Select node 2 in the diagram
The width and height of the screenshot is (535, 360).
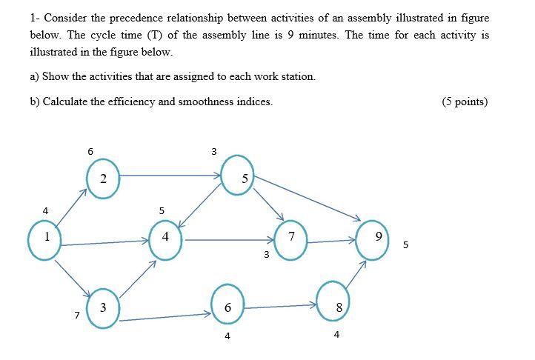coord(104,178)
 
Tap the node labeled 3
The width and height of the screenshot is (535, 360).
coord(103,307)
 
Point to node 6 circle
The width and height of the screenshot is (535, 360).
coord(227,307)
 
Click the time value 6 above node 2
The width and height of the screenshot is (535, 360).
coord(90,151)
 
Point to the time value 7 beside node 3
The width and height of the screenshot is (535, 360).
coord(77,315)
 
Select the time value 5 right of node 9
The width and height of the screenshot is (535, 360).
coord(405,245)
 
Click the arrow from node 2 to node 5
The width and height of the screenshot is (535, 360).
coord(170,176)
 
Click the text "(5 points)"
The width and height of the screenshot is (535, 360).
coord(464,101)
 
